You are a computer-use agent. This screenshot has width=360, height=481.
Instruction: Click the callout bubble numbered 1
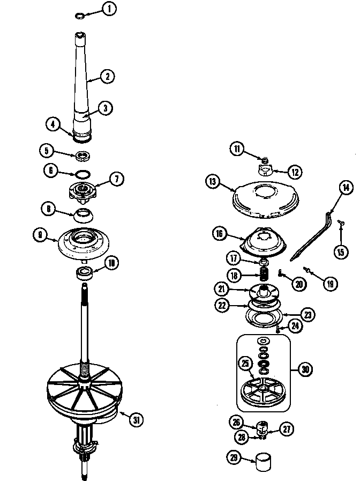(110, 8)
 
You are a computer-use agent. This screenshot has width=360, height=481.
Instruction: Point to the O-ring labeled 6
(82, 174)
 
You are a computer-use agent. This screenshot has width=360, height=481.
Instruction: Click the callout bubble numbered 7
(117, 179)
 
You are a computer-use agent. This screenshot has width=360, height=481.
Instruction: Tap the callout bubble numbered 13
(213, 182)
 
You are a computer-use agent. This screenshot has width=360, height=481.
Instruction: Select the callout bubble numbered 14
(345, 188)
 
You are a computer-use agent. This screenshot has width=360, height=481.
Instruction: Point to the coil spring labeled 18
(264, 275)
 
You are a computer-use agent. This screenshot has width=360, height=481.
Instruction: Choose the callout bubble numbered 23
(308, 315)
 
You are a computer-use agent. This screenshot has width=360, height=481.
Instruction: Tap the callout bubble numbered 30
(305, 369)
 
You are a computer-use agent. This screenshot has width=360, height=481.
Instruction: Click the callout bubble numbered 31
(137, 419)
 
